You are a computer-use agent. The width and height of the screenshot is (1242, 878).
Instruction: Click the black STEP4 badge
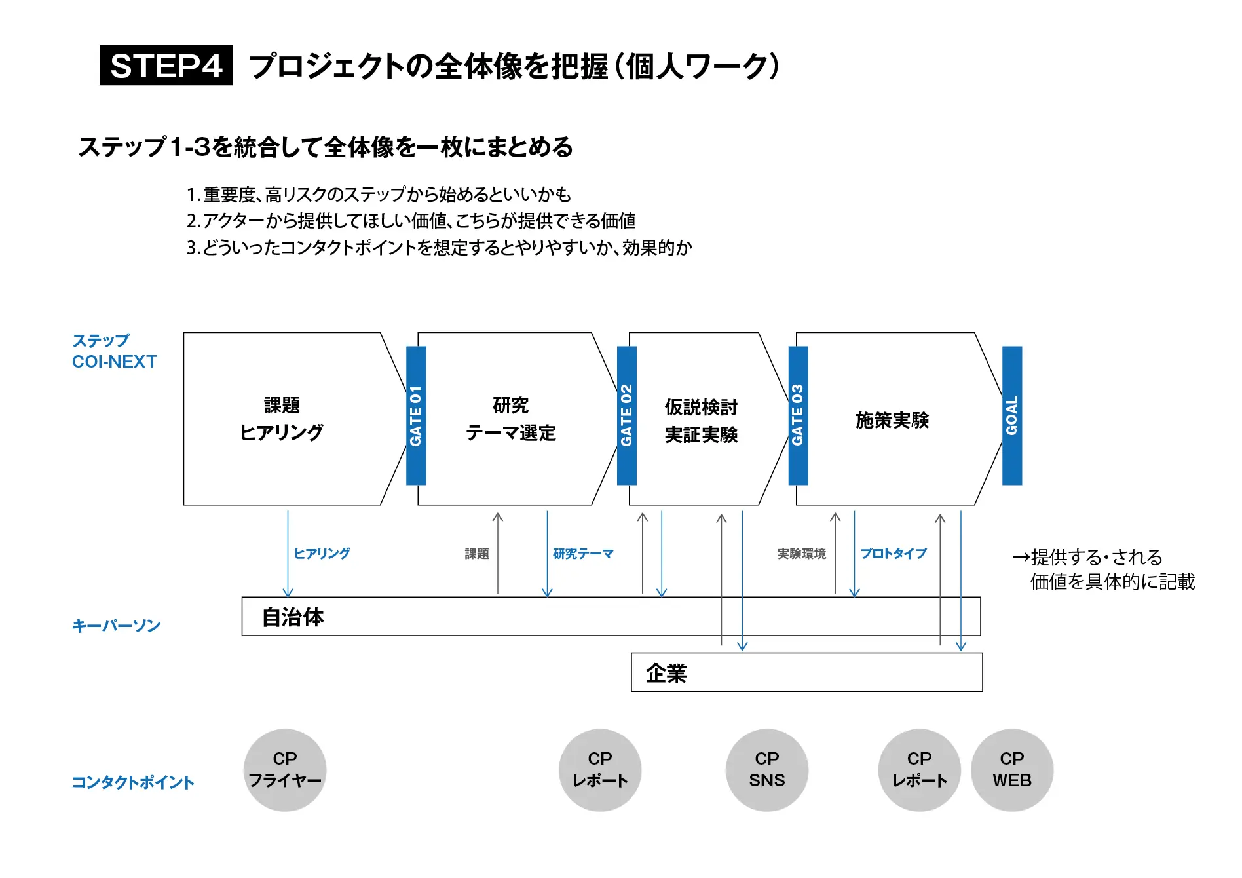(166, 66)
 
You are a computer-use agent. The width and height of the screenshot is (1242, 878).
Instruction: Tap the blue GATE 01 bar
(416, 415)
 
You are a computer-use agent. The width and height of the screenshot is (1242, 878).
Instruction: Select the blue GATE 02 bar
(627, 415)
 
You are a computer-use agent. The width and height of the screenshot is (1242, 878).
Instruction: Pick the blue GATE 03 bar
(798, 415)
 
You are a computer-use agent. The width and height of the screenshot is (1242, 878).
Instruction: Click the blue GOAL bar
(1012, 415)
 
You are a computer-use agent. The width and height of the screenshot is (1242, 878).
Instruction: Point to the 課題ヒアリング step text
(282, 419)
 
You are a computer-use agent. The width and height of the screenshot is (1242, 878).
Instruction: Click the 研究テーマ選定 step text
(510, 419)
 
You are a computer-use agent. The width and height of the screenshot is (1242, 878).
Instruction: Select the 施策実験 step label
(892, 420)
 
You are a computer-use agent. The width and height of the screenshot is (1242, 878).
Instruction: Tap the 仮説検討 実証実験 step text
(701, 421)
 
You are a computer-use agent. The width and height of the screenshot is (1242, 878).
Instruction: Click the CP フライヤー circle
(285, 770)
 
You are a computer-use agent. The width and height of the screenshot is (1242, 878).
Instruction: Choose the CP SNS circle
(766, 770)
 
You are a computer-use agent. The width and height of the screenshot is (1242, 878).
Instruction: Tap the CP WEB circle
(1011, 770)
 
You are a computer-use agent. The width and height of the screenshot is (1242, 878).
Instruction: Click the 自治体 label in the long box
(293, 617)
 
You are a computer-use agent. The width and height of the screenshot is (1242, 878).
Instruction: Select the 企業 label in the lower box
(666, 673)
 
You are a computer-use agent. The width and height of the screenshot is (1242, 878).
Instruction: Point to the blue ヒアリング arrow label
(322, 554)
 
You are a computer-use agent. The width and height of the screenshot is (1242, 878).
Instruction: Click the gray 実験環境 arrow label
(801, 554)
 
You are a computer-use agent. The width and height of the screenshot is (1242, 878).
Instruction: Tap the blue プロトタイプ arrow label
(893, 554)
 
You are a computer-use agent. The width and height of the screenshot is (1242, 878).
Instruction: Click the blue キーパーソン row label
(116, 626)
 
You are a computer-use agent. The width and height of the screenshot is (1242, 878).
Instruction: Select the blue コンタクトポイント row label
(133, 782)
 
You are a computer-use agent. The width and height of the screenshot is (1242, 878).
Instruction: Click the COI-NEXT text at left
(115, 362)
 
